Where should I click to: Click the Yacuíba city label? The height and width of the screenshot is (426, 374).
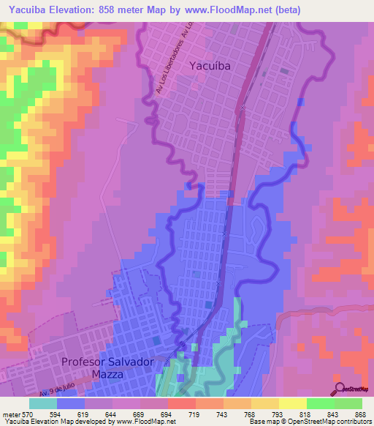(x=210, y=66)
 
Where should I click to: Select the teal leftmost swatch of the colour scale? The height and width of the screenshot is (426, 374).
(x=43, y=403)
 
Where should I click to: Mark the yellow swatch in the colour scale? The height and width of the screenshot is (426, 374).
(x=292, y=403)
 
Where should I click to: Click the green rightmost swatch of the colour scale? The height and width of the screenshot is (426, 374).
(x=348, y=403)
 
